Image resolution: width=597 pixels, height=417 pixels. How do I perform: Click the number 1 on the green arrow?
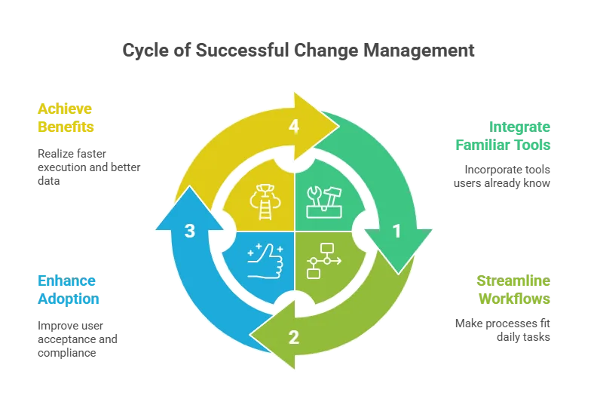pos(396,232)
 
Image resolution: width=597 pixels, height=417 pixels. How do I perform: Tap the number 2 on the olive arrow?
pos(294,337)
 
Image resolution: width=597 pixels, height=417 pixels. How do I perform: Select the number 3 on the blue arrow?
pos(190,231)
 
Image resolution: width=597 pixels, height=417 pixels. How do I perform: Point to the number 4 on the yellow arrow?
pos(294,127)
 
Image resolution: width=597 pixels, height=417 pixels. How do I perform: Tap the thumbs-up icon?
pos(264,260)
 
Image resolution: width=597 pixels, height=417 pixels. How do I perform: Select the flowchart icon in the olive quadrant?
pos(324,259)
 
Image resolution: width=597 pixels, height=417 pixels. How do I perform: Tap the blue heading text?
pos(69,291)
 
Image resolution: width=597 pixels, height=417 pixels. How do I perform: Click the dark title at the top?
pos(298,51)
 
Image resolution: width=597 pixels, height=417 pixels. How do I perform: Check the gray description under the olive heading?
pos(504,329)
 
